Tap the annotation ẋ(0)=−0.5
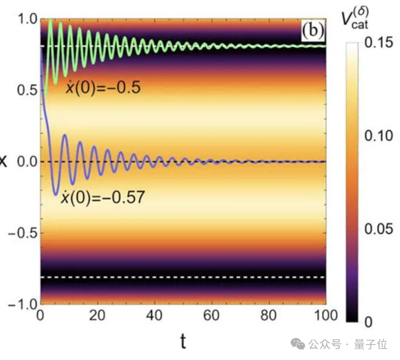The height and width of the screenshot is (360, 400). pyautogui.click(x=103, y=87)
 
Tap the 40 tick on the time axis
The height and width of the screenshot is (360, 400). pyautogui.click(x=154, y=316)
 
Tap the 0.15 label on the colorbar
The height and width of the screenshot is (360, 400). pyautogui.click(x=377, y=45)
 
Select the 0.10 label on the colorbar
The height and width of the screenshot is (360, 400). pyautogui.click(x=377, y=137)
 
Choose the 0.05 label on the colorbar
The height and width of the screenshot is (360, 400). pyautogui.click(x=377, y=229)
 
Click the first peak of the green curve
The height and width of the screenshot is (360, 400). pyautogui.click(x=50, y=21)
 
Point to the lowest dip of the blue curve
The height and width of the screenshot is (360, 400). pyautogui.click(x=56, y=195)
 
